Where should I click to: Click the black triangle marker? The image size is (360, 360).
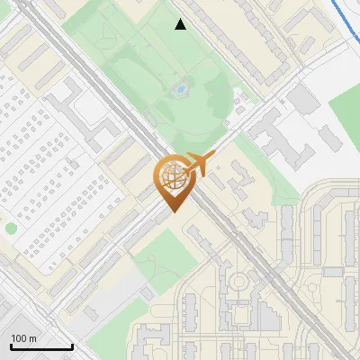tap(181, 25)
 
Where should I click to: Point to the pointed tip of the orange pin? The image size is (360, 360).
tap(171, 212)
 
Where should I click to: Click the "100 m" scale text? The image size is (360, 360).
tap(23, 338)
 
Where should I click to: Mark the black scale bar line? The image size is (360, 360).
tap(41, 346)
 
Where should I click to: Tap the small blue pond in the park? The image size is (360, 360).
tap(181, 90)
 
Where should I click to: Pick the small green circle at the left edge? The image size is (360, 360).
tap(10, 228)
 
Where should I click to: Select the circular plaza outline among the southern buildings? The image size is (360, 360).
tap(239, 283)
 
